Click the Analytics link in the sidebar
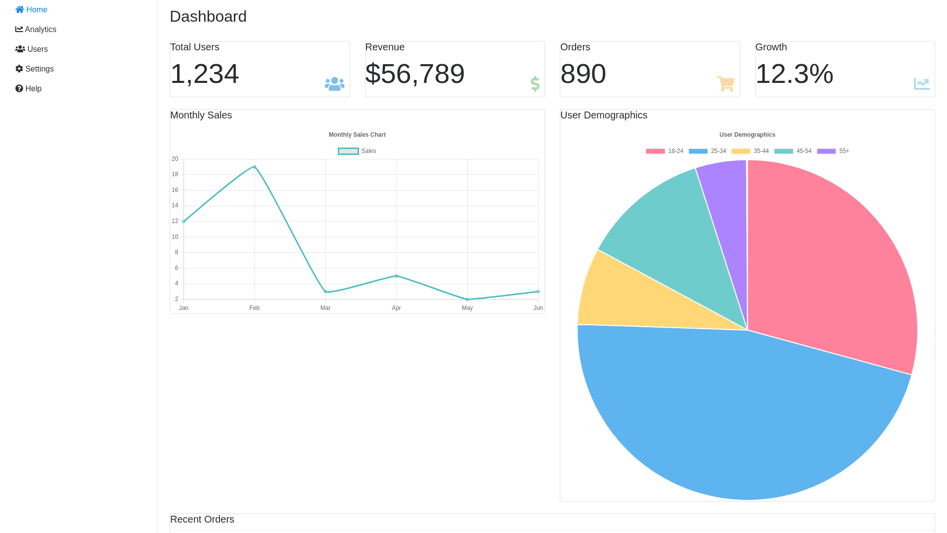36,30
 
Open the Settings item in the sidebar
35,69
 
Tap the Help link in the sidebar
29,89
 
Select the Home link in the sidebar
31,10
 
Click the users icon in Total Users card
334,84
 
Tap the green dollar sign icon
535,84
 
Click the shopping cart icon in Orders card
726,84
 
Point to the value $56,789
415,74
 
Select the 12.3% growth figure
794,74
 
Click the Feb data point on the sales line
255,167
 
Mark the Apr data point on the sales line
397,276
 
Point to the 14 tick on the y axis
175,205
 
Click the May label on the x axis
467,308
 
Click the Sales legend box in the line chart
348,151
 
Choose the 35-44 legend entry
750,151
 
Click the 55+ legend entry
834,151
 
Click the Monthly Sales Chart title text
357,135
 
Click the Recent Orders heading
202,519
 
